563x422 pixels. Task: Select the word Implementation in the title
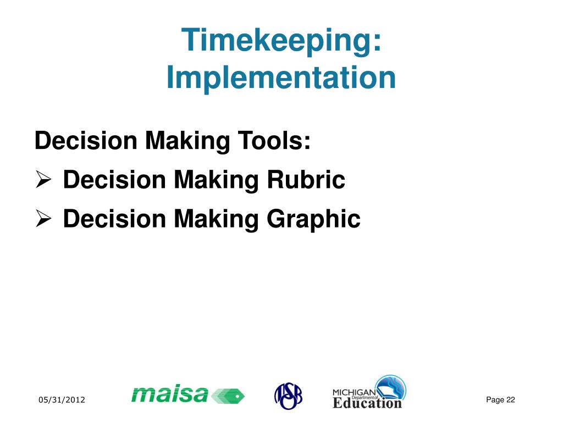pyautogui.click(x=281, y=78)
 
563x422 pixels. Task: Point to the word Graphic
pyautogui.click(x=313, y=219)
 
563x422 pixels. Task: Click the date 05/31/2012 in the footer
pyautogui.click(x=62, y=400)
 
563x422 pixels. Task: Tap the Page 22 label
pyautogui.click(x=500, y=399)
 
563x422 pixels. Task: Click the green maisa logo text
pyautogui.click(x=170, y=394)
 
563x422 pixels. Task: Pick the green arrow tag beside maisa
pyautogui.click(x=228, y=395)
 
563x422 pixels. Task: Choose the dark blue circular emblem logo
pyautogui.click(x=288, y=395)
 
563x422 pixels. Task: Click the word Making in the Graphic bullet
pyautogui.click(x=217, y=219)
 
